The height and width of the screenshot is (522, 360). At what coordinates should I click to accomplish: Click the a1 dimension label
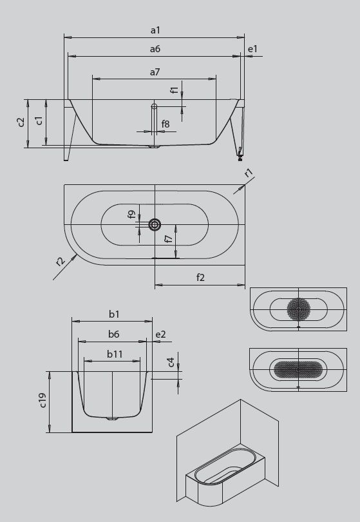pos(155,30)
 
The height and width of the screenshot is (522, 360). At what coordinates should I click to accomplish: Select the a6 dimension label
pos(155,49)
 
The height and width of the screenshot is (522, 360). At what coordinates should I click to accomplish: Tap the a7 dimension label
pos(155,72)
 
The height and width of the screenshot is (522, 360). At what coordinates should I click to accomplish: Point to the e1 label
pos(253,49)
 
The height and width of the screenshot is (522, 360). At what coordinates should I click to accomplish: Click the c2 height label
pos(21,122)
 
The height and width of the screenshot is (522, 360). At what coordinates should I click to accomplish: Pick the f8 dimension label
pos(166,124)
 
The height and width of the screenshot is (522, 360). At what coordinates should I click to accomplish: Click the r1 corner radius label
pos(249,173)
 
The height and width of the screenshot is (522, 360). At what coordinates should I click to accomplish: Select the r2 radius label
pos(60,261)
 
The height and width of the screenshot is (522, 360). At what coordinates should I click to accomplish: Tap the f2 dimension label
pos(200,277)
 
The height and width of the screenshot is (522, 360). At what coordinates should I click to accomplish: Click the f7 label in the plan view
pos(169,238)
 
